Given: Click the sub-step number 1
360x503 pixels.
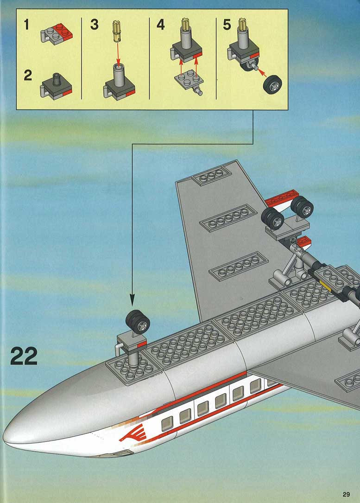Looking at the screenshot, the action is (x=26, y=25).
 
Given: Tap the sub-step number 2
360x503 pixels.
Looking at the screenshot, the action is (x=28, y=76).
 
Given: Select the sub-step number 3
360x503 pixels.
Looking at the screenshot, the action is (x=94, y=25).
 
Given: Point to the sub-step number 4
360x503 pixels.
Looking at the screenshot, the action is (x=161, y=25).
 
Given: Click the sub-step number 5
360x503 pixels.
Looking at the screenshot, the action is (x=227, y=25).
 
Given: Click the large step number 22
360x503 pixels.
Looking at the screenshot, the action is (x=24, y=357).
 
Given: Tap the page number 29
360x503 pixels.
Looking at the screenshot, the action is (x=346, y=494).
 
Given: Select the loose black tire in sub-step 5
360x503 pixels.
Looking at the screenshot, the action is (x=273, y=84).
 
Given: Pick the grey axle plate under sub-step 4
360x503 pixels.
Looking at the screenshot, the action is (x=189, y=81).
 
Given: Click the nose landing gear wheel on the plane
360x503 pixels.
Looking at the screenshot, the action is (x=138, y=322).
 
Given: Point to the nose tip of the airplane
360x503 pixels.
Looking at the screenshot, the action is (x=5, y=437).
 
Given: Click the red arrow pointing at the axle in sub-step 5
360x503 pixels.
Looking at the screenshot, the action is (x=262, y=72).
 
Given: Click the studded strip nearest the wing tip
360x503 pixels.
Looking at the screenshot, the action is (x=211, y=176).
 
